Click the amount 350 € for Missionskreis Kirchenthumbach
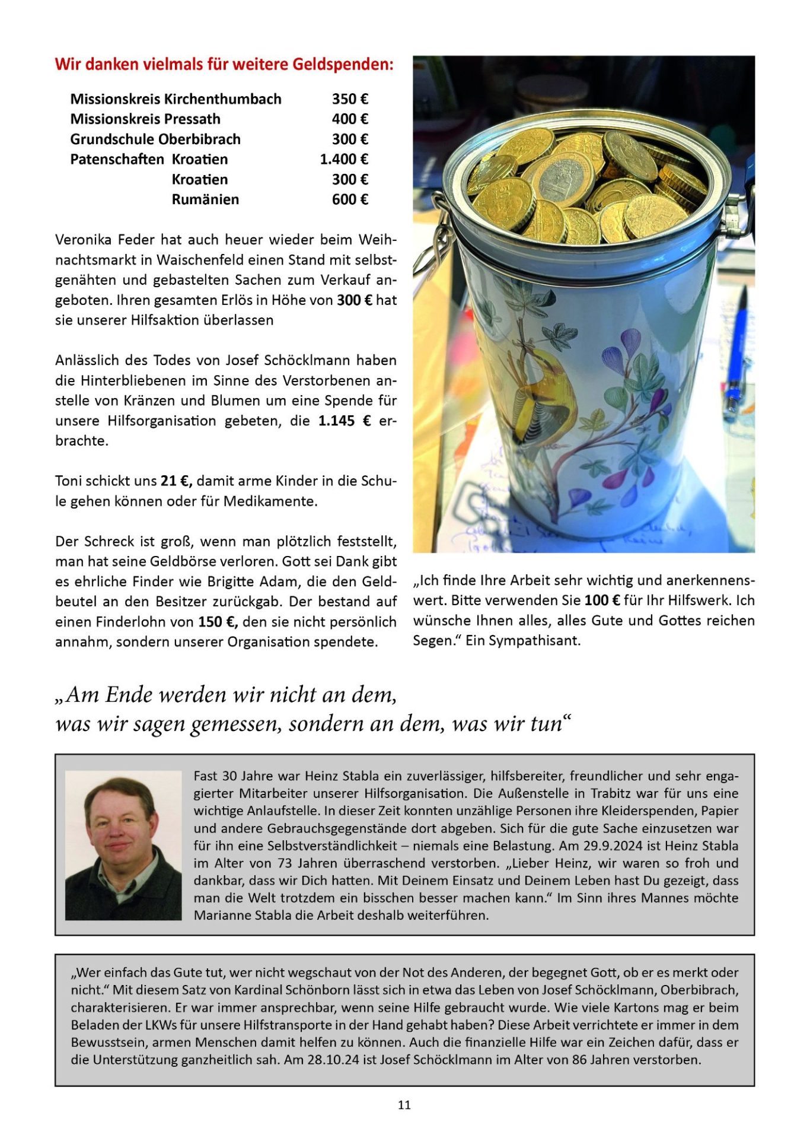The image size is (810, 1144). [350, 99]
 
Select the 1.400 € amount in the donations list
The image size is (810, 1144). [344, 160]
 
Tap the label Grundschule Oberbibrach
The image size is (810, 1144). [155, 139]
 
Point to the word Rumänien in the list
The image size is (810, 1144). [205, 200]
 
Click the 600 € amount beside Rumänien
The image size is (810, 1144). [350, 200]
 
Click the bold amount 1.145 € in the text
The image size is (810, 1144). [345, 421]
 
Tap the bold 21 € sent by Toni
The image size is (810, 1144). [176, 481]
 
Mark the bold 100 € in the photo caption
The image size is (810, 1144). [602, 600]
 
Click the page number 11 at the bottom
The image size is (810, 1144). [404, 1105]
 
